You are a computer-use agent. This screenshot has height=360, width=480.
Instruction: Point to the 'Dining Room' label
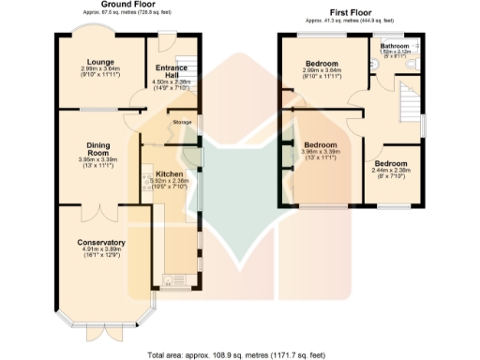98,149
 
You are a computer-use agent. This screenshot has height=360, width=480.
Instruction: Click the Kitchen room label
169,174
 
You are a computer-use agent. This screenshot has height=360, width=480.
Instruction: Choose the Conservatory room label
101,243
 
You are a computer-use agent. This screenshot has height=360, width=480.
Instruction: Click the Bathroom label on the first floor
395,45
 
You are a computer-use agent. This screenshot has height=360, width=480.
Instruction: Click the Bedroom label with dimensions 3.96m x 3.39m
320,144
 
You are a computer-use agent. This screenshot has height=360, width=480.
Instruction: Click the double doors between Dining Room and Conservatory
97,207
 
